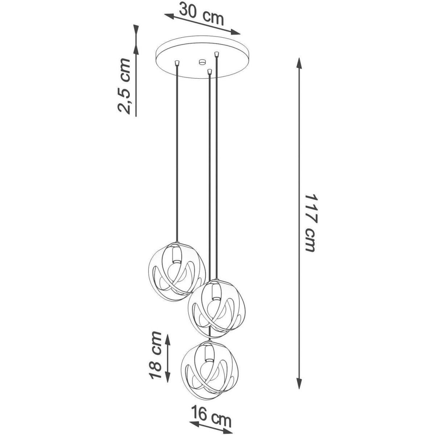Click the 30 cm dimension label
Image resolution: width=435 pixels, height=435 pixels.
(x=202, y=14)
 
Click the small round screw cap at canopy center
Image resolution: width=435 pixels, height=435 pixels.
(x=202, y=62)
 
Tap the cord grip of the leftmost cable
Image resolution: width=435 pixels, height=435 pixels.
(x=177, y=62)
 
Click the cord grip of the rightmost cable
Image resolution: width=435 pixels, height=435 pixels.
(x=217, y=54)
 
